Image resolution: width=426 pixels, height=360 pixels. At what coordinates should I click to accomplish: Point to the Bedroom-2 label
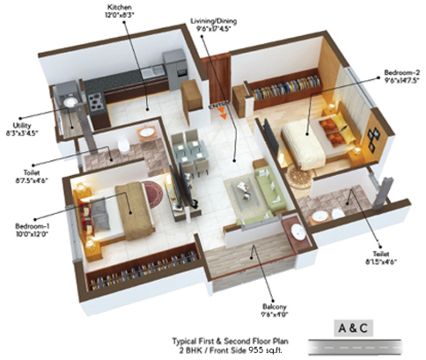403,75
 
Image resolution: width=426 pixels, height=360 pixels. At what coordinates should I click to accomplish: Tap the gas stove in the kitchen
95,100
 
